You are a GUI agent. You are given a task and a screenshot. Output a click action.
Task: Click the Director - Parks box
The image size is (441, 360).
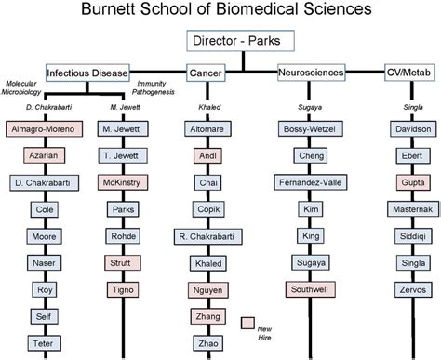tap(243, 42)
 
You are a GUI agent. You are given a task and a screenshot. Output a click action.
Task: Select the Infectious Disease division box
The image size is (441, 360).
tap(87, 72)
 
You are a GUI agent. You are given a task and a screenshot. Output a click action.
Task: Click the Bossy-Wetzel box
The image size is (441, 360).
tap(312, 128)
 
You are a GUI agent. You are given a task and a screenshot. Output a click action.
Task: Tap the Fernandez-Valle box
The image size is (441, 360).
tap(312, 185)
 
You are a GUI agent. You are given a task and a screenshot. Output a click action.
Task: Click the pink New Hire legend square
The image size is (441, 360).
tap(247, 322)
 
